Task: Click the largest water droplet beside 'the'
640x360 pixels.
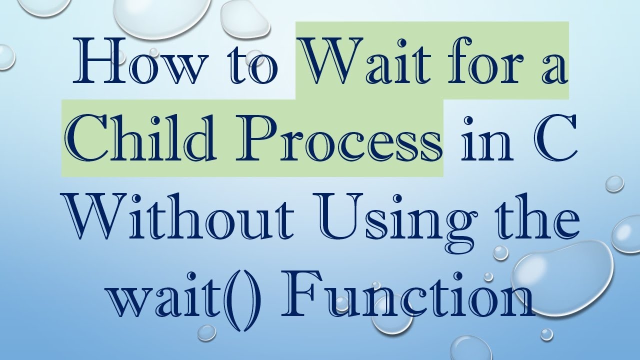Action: pos(562,270)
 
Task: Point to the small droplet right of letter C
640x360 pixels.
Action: pos(614,183)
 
